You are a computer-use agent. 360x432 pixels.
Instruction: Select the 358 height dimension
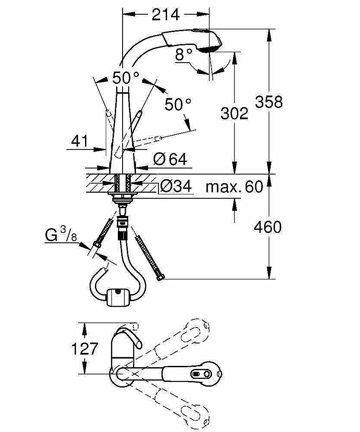pyautogui.click(x=268, y=102)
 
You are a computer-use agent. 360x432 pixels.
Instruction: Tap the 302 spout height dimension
pyautogui.click(x=234, y=113)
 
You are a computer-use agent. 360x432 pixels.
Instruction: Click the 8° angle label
pyautogui.click(x=184, y=54)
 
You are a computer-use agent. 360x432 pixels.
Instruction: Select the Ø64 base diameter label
pyautogui.click(x=170, y=159)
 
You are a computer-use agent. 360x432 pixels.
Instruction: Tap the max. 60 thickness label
pyautogui.click(x=234, y=187)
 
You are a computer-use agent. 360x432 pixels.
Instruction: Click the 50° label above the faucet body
pyautogui.click(x=126, y=78)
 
